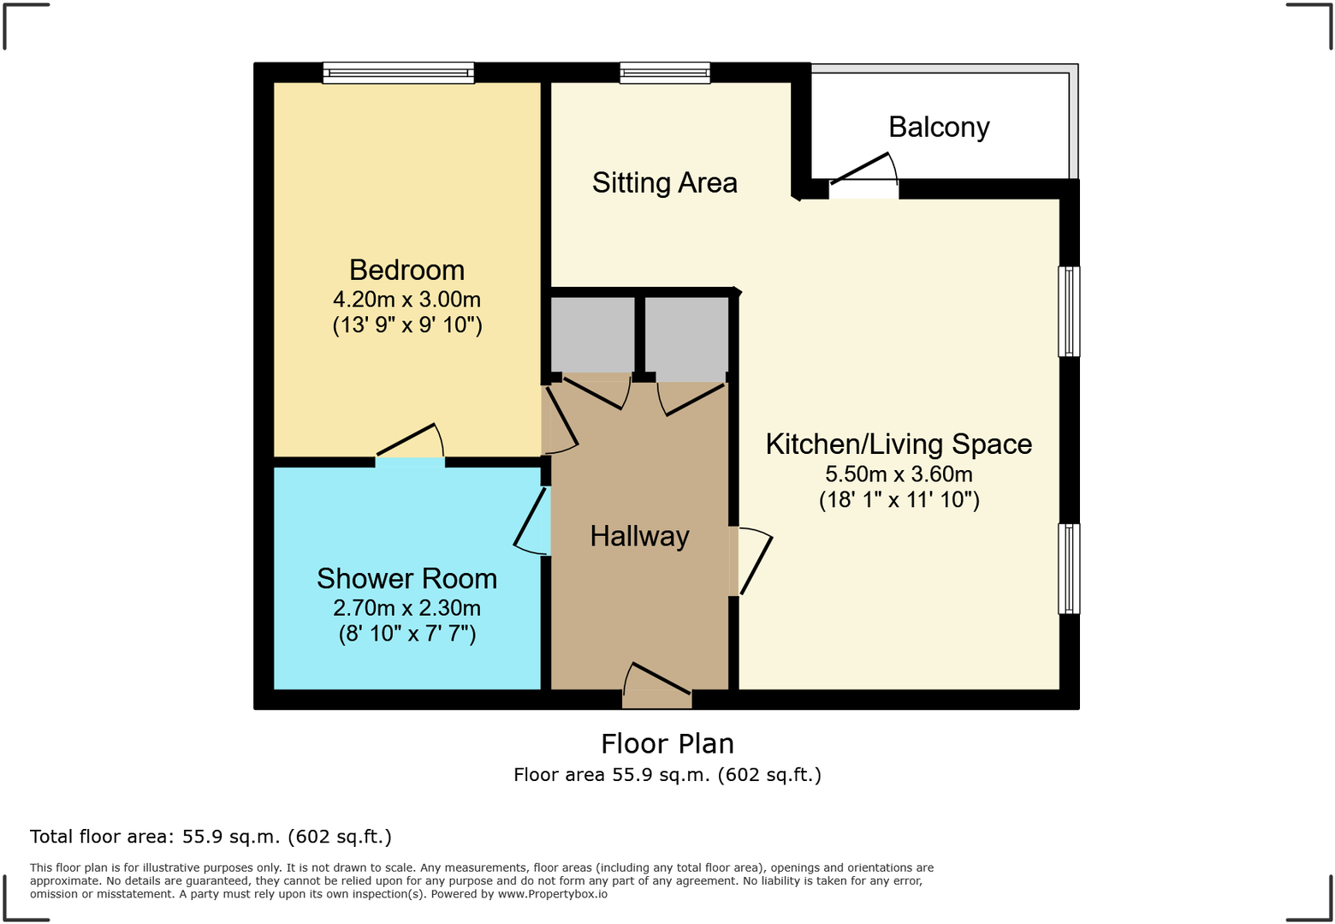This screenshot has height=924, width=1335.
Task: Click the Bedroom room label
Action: click(406, 270)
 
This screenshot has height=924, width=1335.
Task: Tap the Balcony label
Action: click(939, 127)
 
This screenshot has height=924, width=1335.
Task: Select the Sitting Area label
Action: click(664, 182)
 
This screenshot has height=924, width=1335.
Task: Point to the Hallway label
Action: click(639, 536)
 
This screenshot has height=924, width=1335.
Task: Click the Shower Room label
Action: click(406, 579)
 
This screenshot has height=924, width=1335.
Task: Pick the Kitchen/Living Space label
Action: click(899, 444)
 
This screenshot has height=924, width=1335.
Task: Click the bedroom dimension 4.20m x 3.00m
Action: click(406, 300)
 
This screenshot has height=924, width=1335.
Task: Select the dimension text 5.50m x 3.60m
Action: click(899, 474)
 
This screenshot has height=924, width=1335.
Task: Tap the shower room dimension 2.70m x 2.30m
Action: click(406, 608)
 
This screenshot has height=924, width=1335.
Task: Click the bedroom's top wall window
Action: click(398, 73)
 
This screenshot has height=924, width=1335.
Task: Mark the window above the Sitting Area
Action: click(665, 73)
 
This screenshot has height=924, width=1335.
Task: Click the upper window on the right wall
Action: click(1069, 311)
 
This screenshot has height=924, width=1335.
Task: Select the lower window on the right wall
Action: click(1069, 569)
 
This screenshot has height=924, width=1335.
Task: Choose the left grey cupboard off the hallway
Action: click(592, 334)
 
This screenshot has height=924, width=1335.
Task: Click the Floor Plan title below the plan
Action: click(667, 743)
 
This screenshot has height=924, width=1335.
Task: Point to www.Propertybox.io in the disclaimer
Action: click(553, 894)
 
